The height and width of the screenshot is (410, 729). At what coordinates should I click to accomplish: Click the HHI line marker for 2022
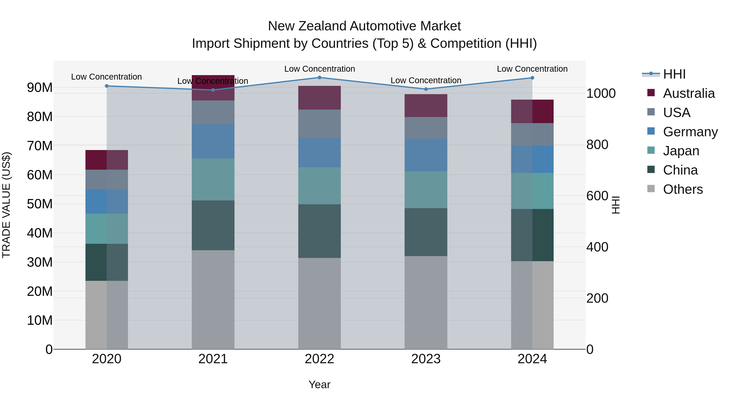[320, 77]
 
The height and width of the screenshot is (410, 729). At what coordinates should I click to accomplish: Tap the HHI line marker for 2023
[426, 89]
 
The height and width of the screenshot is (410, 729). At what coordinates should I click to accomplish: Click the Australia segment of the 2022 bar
[320, 98]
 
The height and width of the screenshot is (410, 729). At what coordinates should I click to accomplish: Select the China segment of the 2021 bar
[213, 225]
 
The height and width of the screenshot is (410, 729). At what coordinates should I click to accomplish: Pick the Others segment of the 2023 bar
[426, 302]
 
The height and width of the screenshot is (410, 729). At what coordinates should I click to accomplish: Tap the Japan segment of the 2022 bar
[320, 186]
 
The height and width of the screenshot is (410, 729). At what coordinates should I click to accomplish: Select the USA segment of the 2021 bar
[213, 112]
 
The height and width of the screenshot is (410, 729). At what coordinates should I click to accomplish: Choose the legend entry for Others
[683, 189]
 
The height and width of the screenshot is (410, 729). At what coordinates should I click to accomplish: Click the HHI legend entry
[674, 74]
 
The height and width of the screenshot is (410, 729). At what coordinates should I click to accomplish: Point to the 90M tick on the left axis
[40, 87]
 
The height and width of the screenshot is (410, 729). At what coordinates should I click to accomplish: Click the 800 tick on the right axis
[597, 145]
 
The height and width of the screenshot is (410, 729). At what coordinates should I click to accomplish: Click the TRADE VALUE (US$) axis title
[6, 205]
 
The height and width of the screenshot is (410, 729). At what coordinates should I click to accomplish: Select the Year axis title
[320, 384]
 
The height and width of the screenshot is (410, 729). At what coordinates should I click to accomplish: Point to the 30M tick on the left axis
[40, 262]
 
